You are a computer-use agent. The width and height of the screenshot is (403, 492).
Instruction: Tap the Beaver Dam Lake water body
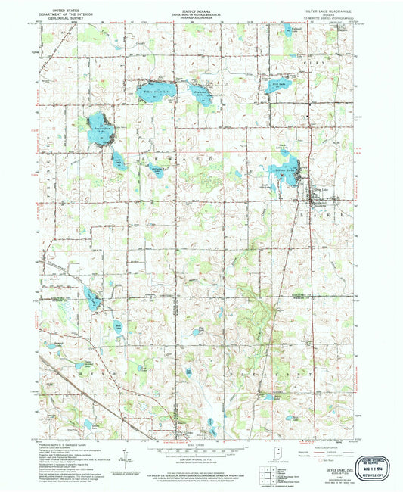pos(97,123)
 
